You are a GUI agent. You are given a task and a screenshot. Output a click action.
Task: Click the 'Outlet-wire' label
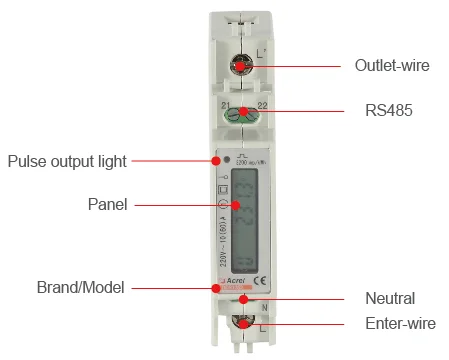pos(392,66)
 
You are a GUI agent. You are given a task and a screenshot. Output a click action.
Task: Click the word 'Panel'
pos(107,205)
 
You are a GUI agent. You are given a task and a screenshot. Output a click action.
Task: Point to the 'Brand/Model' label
pos(80,288)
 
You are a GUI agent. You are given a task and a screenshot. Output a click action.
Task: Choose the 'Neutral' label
pos(389,298)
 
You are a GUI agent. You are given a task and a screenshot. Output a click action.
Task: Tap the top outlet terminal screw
pos(240,65)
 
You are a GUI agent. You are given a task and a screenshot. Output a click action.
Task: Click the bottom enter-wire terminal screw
pos(240,323)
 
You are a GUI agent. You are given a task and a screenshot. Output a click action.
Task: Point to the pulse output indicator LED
pos(228,160)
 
